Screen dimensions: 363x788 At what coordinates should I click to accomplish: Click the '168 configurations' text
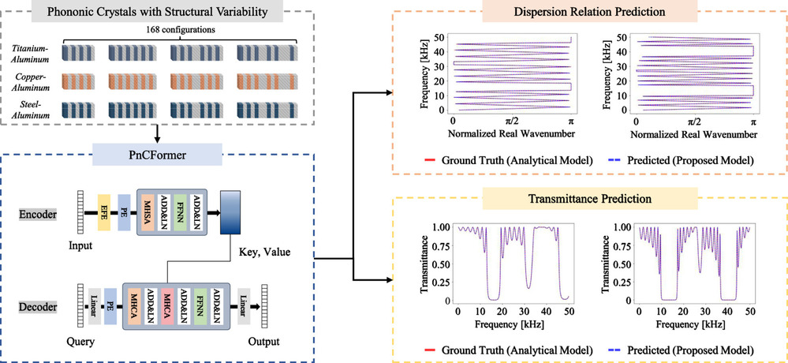point(160,31)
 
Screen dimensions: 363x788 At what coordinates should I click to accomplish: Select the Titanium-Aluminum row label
point(30,53)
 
